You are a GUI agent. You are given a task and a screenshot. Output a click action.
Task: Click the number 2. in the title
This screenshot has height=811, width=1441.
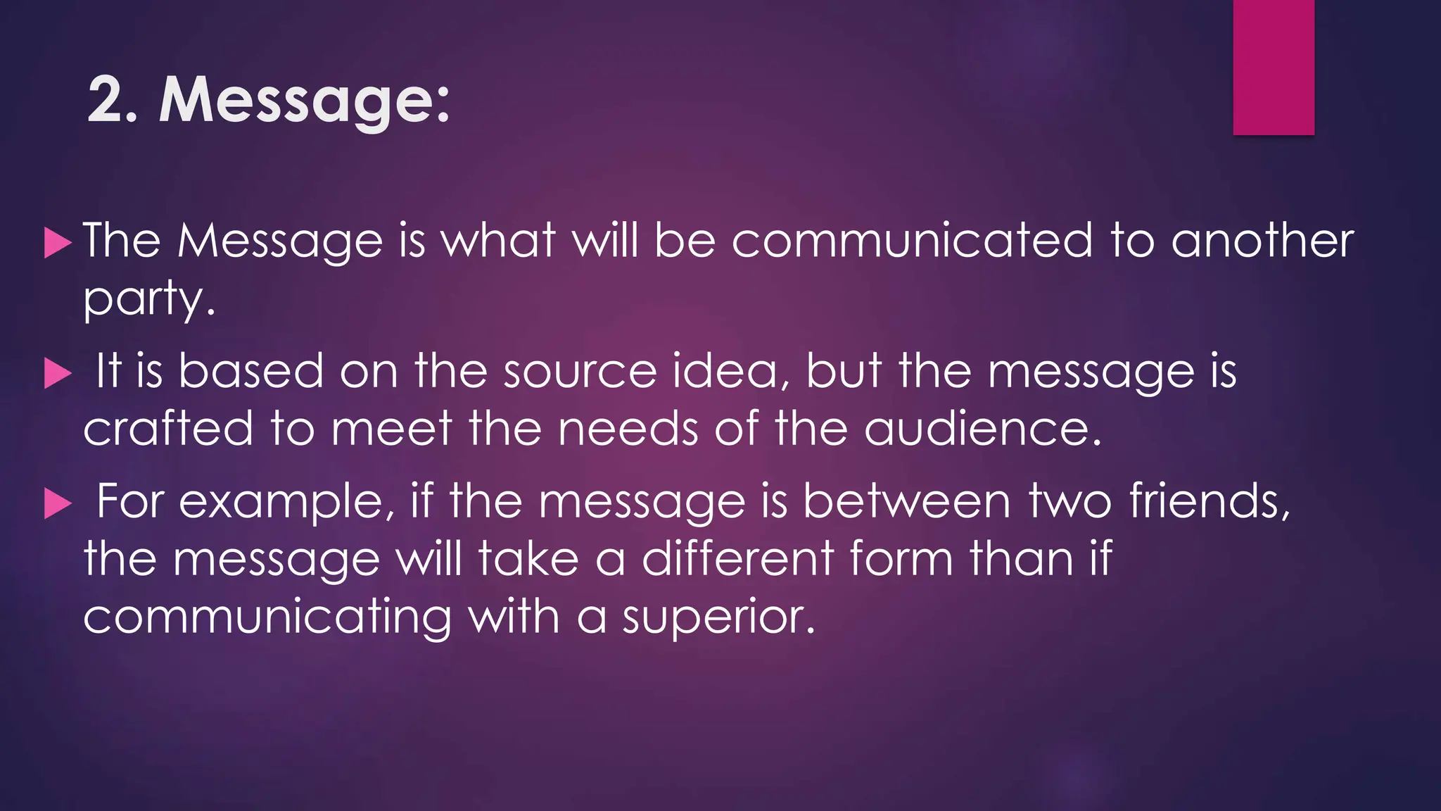[113, 101]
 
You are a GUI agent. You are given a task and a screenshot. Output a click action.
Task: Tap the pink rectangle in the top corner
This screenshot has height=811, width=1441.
[1274, 67]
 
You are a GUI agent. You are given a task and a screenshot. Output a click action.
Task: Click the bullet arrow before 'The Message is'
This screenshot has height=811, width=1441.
[58, 243]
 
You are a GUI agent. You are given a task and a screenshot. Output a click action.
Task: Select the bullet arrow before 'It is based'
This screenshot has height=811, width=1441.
[58, 373]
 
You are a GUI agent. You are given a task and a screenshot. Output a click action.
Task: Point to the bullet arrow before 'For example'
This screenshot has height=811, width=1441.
[58, 504]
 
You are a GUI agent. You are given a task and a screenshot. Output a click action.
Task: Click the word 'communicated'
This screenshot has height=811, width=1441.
[913, 241]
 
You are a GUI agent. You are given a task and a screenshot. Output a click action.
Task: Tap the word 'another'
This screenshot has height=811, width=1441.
[1262, 241]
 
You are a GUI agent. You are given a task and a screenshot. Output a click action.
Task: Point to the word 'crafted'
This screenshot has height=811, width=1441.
[168, 429]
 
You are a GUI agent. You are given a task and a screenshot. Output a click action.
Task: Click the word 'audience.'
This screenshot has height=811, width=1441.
[982, 429]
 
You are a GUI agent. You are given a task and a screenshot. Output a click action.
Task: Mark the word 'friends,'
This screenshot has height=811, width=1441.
[1210, 502]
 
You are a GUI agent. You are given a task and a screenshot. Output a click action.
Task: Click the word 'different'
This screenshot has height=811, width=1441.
[737, 559]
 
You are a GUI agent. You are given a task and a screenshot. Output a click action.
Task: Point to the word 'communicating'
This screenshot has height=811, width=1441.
[267, 618]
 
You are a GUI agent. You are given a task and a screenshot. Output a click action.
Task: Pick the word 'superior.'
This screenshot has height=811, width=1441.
[718, 618]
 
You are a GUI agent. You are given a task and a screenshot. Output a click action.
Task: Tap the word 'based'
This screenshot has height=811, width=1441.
[250, 372]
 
